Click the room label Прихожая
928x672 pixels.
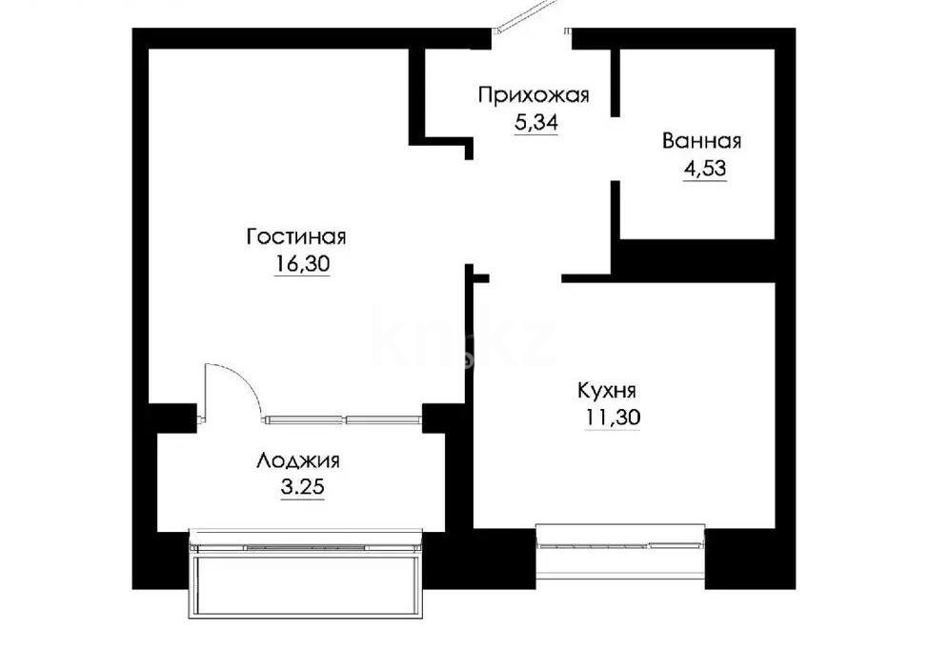pyautogui.click(x=534, y=94)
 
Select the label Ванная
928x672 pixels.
pyautogui.click(x=702, y=142)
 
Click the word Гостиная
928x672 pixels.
pyautogui.click(x=295, y=236)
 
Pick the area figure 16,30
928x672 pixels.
pyautogui.click(x=301, y=265)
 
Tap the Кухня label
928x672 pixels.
pyautogui.click(x=607, y=390)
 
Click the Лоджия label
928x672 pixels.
pyautogui.click(x=298, y=461)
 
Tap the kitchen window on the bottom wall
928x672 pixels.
pyautogui.click(x=620, y=545)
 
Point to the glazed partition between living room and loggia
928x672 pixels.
pyautogui.click(x=344, y=418)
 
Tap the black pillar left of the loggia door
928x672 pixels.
pyautogui.click(x=171, y=419)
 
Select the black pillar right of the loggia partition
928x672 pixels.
pyautogui.click(x=440, y=418)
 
